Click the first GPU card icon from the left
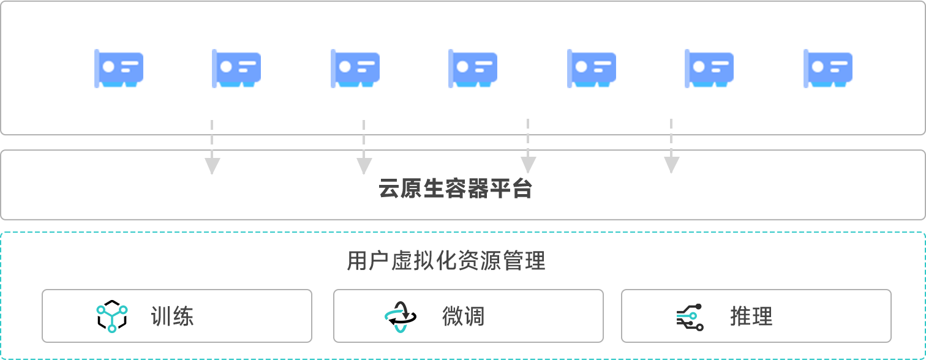(119, 68)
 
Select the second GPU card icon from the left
(236, 68)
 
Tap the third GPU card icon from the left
(355, 68)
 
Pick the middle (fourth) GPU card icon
(473, 68)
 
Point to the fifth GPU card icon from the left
(592, 68)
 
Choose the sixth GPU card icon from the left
(709, 68)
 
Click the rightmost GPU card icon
(828, 68)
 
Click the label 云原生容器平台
(455, 189)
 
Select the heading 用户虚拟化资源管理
(446, 261)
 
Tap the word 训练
(172, 317)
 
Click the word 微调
(463, 317)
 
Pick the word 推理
(751, 317)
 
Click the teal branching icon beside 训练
(112, 318)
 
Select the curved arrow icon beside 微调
(397, 317)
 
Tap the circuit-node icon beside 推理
(690, 317)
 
